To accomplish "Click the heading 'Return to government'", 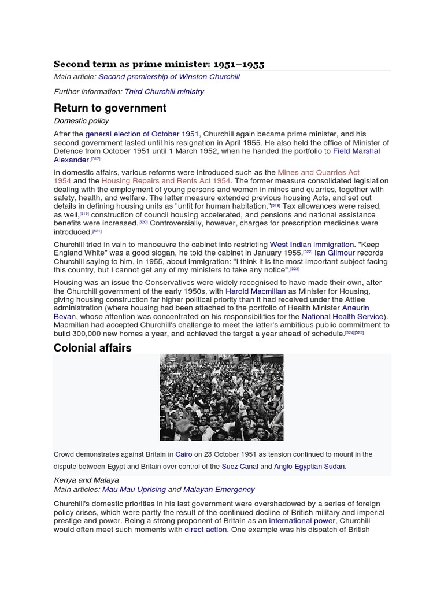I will pyautogui.click(x=110, y=108).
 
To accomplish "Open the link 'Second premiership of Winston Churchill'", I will pyautogui.click(x=169, y=77).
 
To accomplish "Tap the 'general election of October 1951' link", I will pyautogui.click(x=142, y=134).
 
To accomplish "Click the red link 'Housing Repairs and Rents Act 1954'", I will pyautogui.click(x=166, y=181).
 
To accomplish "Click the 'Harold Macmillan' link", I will pyautogui.click(x=256, y=291).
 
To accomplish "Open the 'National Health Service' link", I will pyautogui.click(x=342, y=316).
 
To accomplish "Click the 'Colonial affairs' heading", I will pyautogui.click(x=92, y=347).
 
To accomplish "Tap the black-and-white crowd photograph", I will pyautogui.click(x=221, y=398).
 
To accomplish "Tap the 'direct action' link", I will pyautogui.click(x=205, y=530).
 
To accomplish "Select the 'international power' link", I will pyautogui.click(x=302, y=521).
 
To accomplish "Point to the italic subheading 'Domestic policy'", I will pyautogui.click(x=82, y=121).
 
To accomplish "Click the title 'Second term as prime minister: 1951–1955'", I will pyautogui.click(x=159, y=64).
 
